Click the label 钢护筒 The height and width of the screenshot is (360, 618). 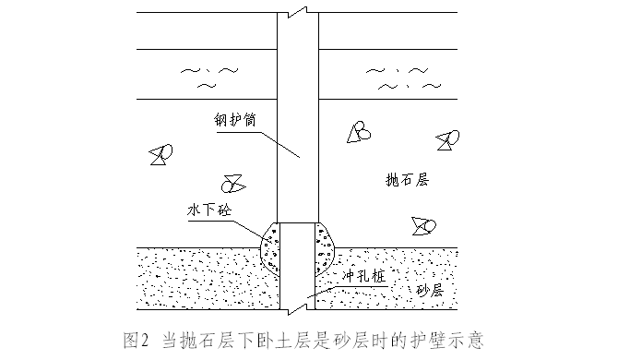(x=235, y=119)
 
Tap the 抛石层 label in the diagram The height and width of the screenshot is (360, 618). (x=407, y=179)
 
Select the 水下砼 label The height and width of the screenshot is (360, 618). (x=209, y=210)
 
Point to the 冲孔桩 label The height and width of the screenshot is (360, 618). (x=363, y=276)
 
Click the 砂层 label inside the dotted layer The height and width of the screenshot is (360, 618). (x=430, y=290)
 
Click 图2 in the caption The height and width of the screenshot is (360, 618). (x=137, y=341)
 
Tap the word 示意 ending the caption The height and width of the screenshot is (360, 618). (x=468, y=341)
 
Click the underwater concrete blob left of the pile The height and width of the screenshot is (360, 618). (x=271, y=248)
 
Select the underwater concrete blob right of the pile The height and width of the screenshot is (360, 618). (x=324, y=248)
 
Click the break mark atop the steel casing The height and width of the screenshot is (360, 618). (x=298, y=12)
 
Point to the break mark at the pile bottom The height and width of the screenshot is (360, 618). (x=298, y=309)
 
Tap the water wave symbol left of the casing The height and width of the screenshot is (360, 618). (x=209, y=77)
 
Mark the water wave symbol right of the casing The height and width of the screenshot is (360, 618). (x=403, y=78)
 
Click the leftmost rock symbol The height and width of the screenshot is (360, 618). (x=160, y=154)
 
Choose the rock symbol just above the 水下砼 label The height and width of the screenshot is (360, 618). (x=233, y=184)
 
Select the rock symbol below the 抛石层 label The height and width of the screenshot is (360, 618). (x=423, y=226)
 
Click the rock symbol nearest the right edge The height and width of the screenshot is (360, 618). (x=447, y=140)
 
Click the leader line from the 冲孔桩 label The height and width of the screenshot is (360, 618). (x=347, y=291)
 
